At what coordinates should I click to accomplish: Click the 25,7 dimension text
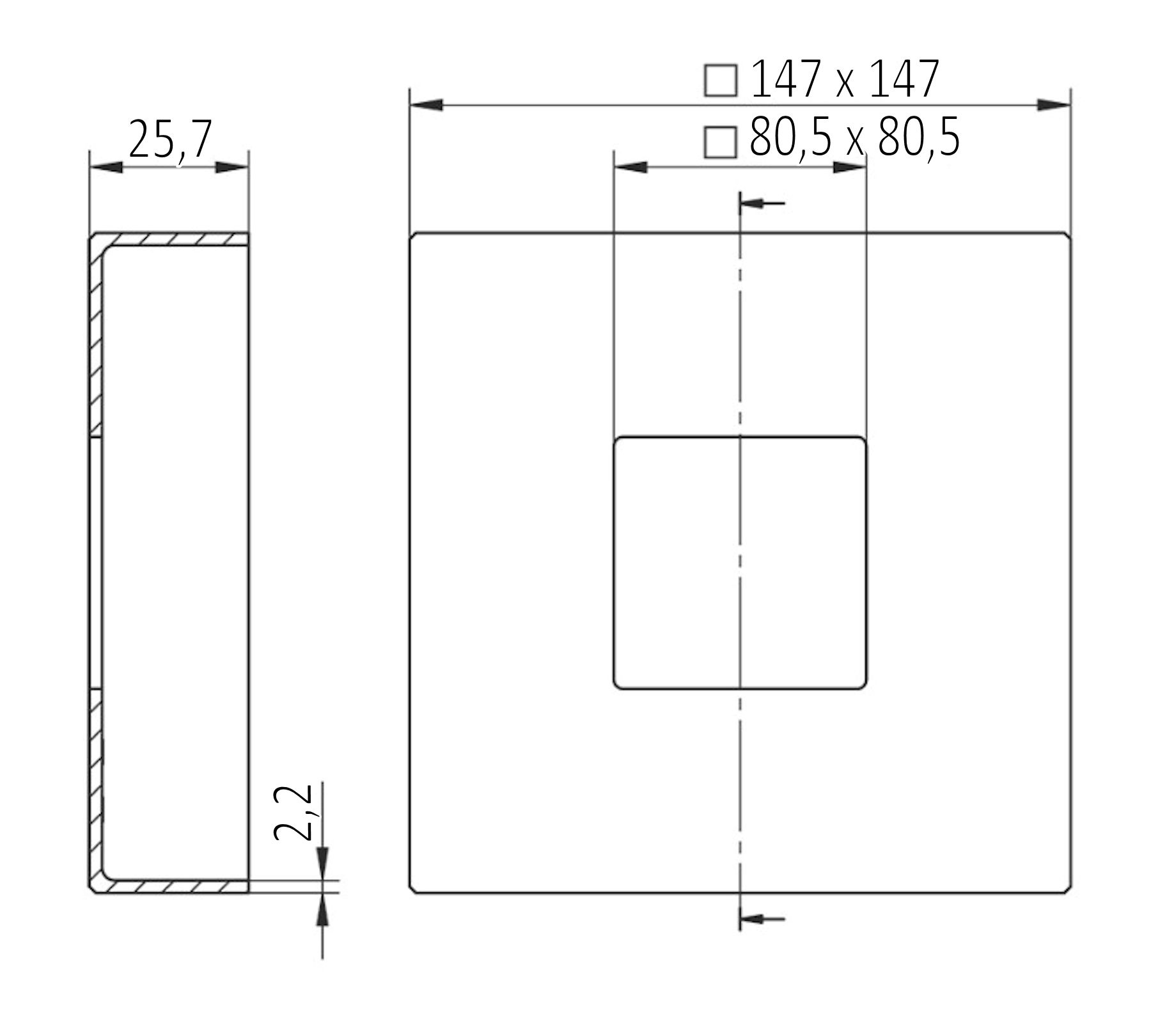pos(169,140)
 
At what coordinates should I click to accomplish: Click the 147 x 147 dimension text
pos(844,80)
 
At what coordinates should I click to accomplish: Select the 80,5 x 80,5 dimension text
pos(854,138)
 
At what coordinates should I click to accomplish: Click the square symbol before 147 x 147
pos(721,81)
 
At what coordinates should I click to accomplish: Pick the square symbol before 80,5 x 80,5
pos(721,141)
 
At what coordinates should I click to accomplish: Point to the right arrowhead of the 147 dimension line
pos(1053,105)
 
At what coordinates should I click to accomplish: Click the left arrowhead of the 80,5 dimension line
pos(630,168)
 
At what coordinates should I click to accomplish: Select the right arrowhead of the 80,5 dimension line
pos(849,168)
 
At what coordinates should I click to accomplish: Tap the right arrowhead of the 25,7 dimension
pos(231,168)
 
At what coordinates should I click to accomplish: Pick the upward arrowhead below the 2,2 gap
pos(322,909)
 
